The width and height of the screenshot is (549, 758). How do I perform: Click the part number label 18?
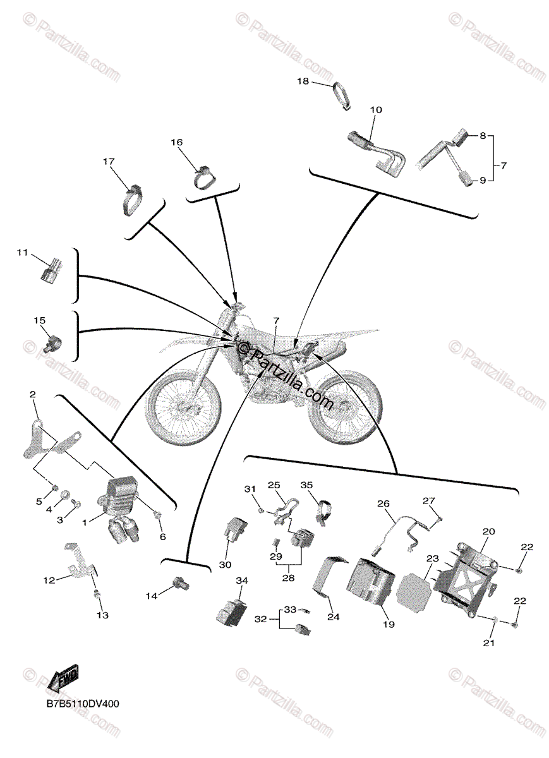tap(303, 81)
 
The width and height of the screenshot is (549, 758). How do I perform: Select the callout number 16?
tap(176, 143)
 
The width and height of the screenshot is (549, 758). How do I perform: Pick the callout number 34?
tap(243, 580)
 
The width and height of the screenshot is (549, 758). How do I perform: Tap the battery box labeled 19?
tap(371, 581)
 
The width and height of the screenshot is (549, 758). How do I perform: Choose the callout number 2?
tap(33, 394)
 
